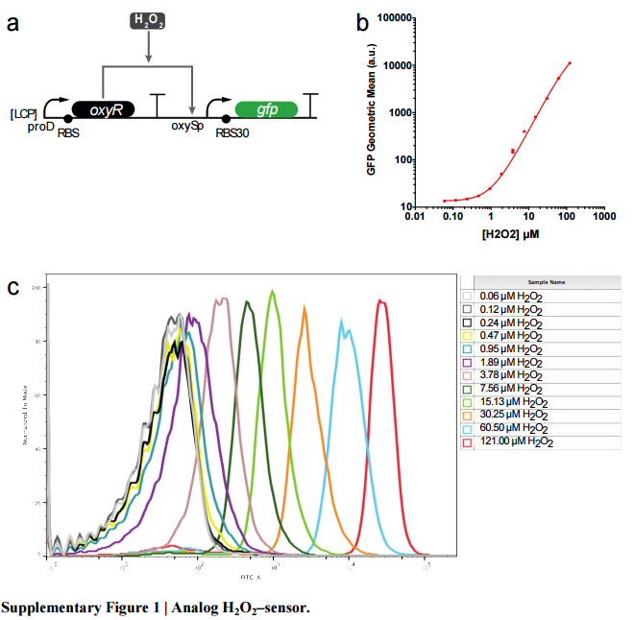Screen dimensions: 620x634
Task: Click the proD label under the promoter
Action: tap(39, 127)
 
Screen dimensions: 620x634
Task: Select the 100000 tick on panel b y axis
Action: tap(395, 18)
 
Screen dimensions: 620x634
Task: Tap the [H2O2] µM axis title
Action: tap(510, 233)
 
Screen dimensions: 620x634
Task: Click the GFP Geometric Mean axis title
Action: tap(372, 112)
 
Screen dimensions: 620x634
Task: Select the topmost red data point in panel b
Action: tap(570, 63)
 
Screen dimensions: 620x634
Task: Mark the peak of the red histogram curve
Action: tap(381, 301)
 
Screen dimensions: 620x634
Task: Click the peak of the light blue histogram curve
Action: tap(341, 322)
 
